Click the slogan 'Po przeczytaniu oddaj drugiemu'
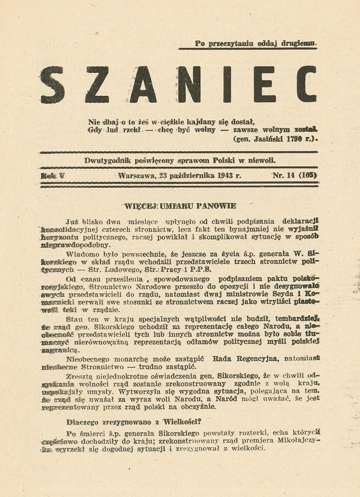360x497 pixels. click(x=256, y=44)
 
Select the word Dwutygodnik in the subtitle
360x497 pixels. click(x=105, y=161)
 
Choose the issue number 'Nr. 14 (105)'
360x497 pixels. click(x=295, y=176)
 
